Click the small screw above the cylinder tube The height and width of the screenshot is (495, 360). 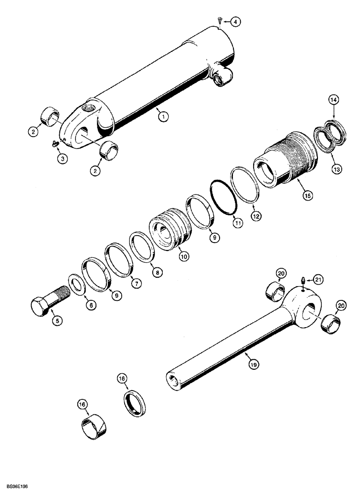220,20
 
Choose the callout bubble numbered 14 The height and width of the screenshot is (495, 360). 334,100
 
